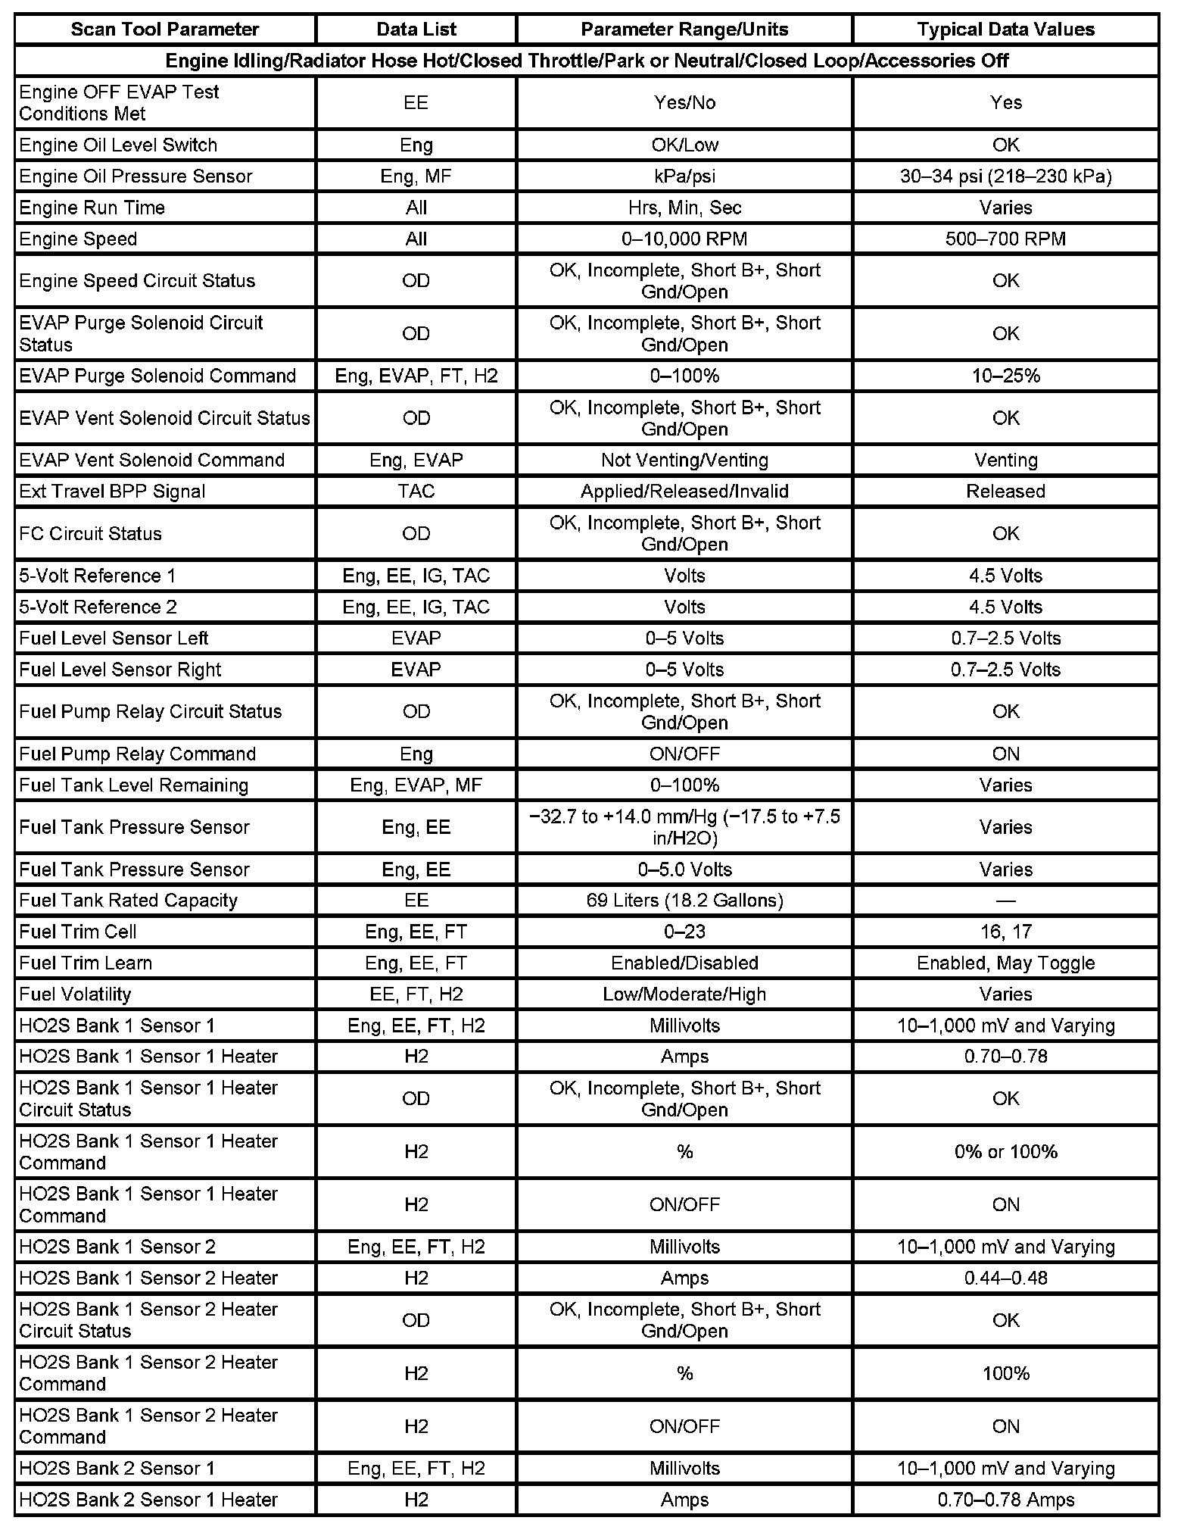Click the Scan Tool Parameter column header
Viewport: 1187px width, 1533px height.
164,30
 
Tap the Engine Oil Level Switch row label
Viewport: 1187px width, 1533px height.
118,145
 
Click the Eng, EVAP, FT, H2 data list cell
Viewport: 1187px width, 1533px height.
416,376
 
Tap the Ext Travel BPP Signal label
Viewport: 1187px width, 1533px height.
112,492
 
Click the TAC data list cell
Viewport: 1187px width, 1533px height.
416,492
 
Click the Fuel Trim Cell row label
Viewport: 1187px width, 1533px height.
78,932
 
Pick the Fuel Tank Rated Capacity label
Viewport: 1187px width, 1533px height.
128,901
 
